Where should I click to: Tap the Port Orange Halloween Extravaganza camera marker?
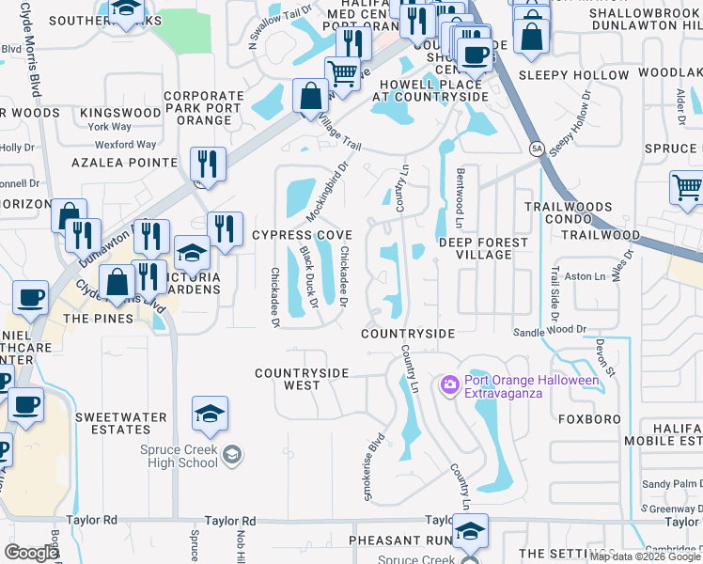[x=448, y=384]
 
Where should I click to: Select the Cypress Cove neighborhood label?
[x=302, y=235]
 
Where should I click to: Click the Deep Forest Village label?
[x=484, y=249]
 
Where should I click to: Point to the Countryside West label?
[x=302, y=379]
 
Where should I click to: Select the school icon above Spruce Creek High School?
[x=211, y=412]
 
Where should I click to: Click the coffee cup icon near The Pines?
[x=30, y=297]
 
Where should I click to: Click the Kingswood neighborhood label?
[x=120, y=113]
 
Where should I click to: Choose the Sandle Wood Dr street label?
[x=549, y=331]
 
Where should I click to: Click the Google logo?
[x=31, y=552]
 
